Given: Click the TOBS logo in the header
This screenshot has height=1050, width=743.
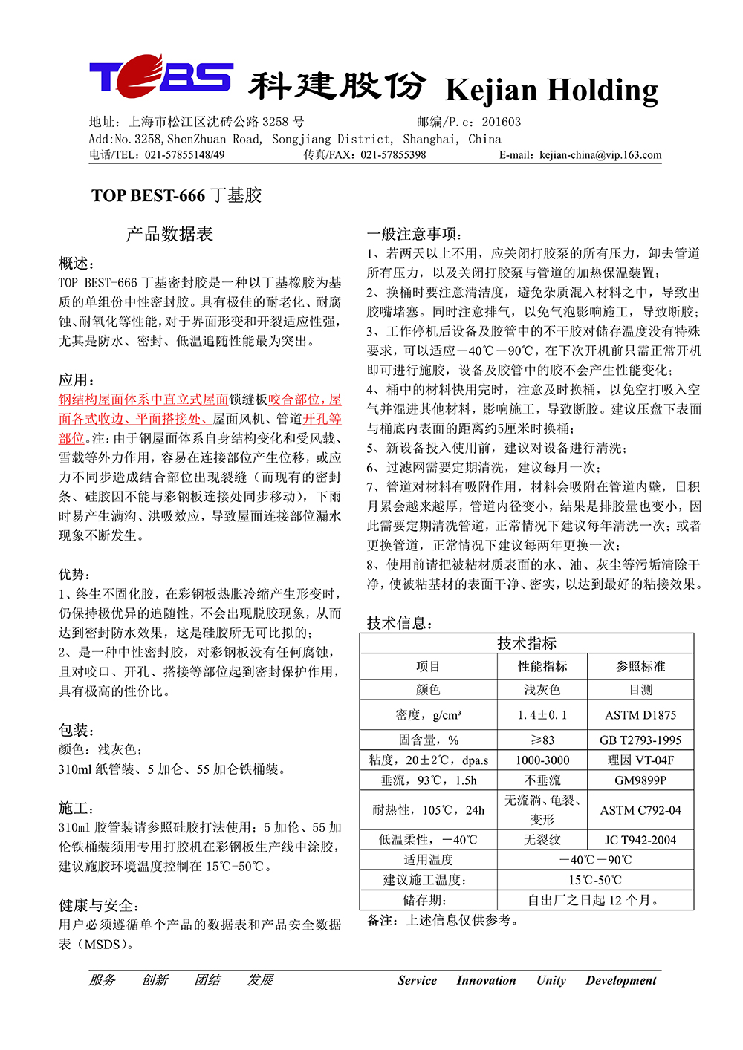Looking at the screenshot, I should (x=160, y=76).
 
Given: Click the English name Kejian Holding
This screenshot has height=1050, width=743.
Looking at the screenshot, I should (x=551, y=90).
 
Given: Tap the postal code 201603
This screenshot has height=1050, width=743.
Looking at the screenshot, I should (x=502, y=122).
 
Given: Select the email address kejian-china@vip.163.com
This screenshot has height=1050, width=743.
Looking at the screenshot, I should (x=600, y=155).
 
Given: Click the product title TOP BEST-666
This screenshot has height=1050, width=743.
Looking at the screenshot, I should (x=149, y=196).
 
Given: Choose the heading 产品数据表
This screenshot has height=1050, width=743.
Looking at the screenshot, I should (x=169, y=235).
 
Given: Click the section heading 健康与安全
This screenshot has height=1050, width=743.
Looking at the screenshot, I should (x=99, y=905).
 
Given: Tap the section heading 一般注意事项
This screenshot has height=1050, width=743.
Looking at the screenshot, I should (x=413, y=234).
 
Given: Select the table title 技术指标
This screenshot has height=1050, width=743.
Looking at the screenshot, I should (x=527, y=643).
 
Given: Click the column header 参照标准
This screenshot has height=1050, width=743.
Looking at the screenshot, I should (x=640, y=667).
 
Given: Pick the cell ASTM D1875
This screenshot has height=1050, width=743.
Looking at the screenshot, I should (x=640, y=715).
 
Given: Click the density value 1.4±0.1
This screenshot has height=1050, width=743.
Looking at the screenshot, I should (x=542, y=715).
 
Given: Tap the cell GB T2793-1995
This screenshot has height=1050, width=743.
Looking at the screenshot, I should (x=640, y=740).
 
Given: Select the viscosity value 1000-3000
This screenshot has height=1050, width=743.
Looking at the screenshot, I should (x=542, y=760).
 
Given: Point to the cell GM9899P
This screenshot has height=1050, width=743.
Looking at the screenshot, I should (x=640, y=780).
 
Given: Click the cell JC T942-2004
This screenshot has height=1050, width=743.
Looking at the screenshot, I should (x=640, y=840).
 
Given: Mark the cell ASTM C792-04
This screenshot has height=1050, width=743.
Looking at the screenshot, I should (x=640, y=810).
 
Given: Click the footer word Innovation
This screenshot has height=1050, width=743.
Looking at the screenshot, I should (x=486, y=980).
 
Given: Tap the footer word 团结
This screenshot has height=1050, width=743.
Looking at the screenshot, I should (x=208, y=980).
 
